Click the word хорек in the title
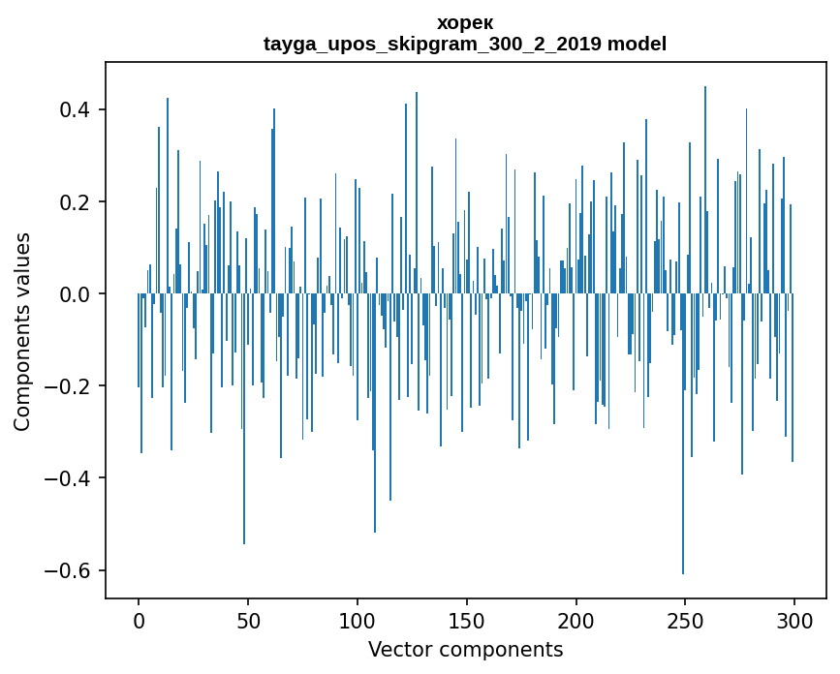(x=465, y=22)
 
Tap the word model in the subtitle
(x=637, y=44)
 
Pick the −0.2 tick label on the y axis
(x=68, y=385)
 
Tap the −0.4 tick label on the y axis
(x=68, y=477)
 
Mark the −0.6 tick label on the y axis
(x=68, y=569)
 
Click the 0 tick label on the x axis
(x=139, y=619)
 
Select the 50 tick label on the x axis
(x=248, y=619)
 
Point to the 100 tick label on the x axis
(x=358, y=619)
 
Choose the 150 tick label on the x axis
(x=467, y=619)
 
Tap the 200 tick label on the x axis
(x=576, y=619)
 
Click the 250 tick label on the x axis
(x=686, y=619)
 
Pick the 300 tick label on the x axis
(x=794, y=619)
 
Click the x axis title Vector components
(x=465, y=649)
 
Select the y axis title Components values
(x=22, y=331)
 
